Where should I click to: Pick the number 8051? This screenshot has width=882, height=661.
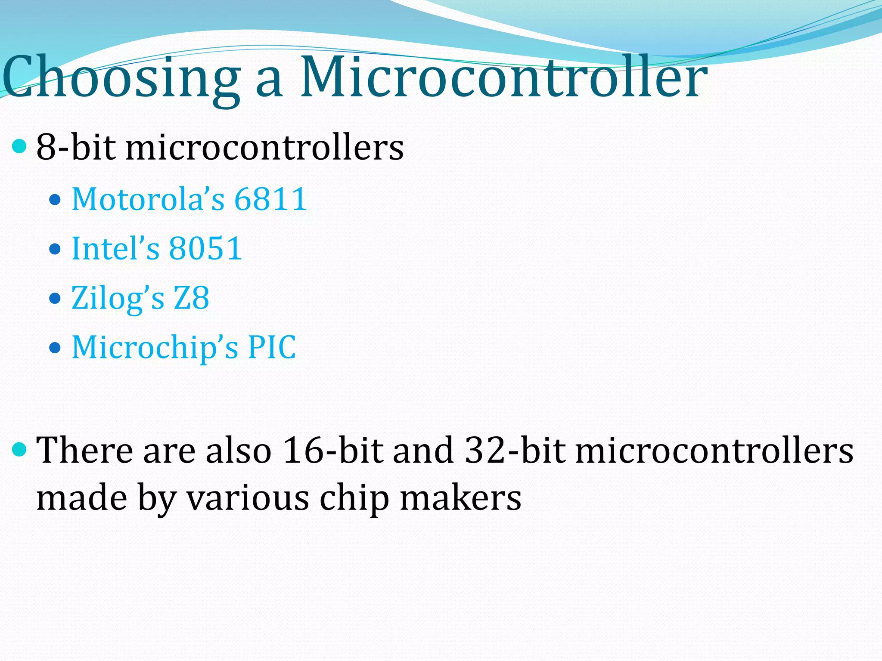205,249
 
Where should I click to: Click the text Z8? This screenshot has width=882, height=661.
191,298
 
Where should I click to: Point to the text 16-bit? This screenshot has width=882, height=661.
332,450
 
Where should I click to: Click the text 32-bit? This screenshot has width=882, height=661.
515,450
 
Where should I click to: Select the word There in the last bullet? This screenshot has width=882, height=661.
84,450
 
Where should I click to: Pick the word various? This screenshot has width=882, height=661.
248,498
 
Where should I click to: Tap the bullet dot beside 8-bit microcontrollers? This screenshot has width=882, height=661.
19,147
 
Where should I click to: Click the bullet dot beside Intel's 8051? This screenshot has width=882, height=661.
55,249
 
